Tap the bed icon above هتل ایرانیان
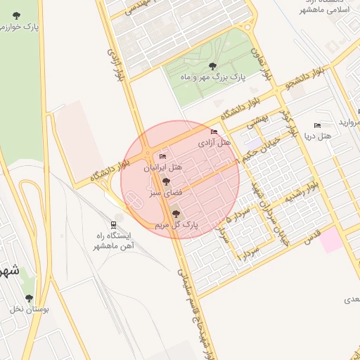(163, 156)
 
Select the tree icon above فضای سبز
(166, 181)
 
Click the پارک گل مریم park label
(176, 225)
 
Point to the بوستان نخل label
(27, 309)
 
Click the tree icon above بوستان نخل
(29, 298)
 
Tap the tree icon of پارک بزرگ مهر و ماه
(213, 66)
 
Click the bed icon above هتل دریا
(317, 125)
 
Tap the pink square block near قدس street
(332, 241)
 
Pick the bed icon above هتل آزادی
(214, 131)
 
